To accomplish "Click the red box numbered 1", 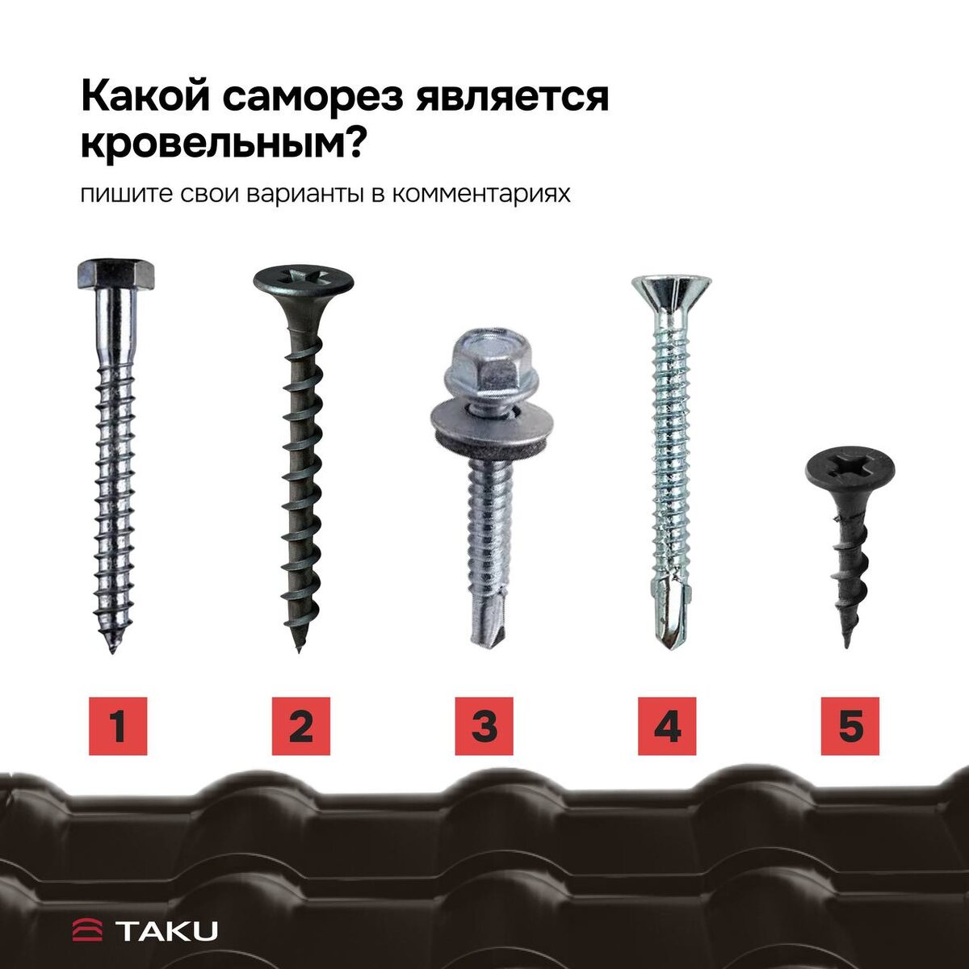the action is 118,726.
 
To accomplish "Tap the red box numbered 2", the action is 301,726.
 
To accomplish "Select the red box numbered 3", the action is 484,726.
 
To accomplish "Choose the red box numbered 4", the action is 667,726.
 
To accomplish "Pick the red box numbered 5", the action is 850,726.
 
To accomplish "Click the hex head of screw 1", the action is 115,275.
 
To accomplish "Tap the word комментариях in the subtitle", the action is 481,195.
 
